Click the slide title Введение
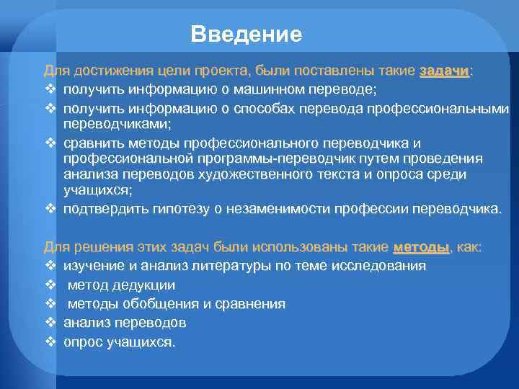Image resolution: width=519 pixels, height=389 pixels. click(247, 35)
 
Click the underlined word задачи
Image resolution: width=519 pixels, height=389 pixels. click(445, 71)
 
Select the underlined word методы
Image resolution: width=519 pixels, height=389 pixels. click(422, 247)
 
